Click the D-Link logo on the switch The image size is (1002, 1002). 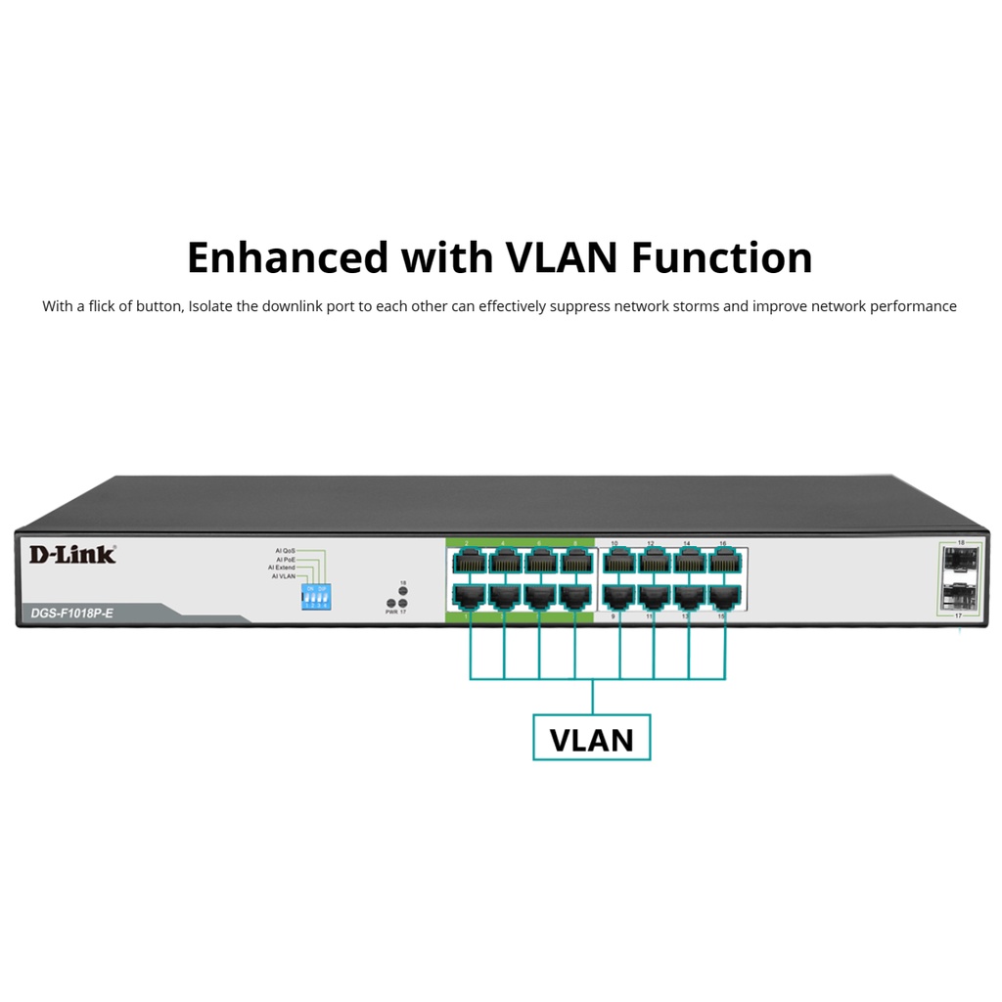(71, 555)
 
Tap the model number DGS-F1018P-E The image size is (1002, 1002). (66, 614)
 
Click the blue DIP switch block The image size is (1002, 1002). (315, 597)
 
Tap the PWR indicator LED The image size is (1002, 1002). (390, 604)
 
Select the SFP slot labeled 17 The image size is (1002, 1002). (960, 595)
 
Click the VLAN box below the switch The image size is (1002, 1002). (591, 739)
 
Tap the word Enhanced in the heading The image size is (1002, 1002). (287, 257)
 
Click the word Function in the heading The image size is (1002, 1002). (721, 257)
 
